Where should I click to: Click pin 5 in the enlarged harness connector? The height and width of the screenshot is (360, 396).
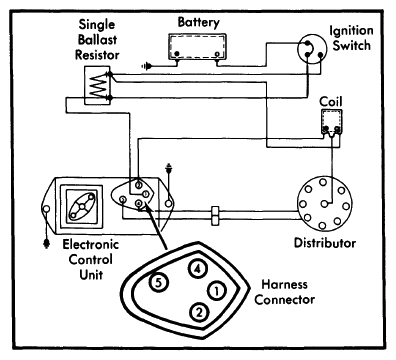click(158, 283)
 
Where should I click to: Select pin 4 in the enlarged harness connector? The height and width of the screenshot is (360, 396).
click(198, 268)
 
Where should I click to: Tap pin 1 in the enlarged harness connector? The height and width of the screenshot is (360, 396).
click(217, 291)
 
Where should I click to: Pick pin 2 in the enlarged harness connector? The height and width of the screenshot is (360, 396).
click(199, 313)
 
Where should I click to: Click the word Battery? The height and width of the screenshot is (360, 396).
click(199, 23)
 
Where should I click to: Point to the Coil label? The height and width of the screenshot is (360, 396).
click(331, 101)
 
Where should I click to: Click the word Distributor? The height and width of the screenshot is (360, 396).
click(325, 243)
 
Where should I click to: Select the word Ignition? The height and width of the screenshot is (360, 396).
click(351, 31)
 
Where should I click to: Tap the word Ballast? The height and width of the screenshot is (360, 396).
click(97, 39)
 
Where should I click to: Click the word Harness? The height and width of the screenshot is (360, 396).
click(284, 284)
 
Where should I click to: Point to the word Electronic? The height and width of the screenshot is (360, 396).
click(91, 244)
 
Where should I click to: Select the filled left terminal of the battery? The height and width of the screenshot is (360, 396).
click(177, 54)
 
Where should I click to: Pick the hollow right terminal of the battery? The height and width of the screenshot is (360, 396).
click(217, 54)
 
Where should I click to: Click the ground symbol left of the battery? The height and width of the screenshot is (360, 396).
click(146, 66)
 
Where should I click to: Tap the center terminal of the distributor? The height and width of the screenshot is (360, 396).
click(324, 204)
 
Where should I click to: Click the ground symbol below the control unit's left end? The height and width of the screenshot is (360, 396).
click(46, 244)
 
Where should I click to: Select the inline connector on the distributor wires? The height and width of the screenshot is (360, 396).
click(215, 215)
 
